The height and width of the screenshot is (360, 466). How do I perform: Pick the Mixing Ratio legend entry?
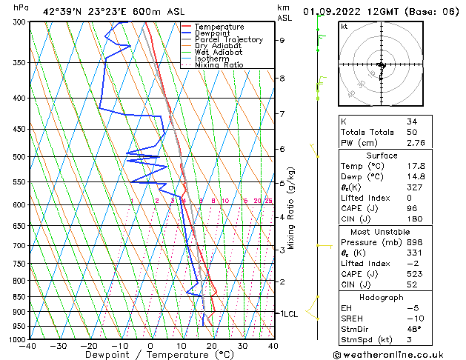219,65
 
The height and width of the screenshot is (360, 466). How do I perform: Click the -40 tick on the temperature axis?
29,345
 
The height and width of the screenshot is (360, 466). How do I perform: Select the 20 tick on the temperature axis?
212,345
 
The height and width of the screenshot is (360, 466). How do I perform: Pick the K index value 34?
412,121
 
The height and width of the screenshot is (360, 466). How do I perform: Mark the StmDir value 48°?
414,329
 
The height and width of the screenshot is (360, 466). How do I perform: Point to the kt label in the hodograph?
344,26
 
